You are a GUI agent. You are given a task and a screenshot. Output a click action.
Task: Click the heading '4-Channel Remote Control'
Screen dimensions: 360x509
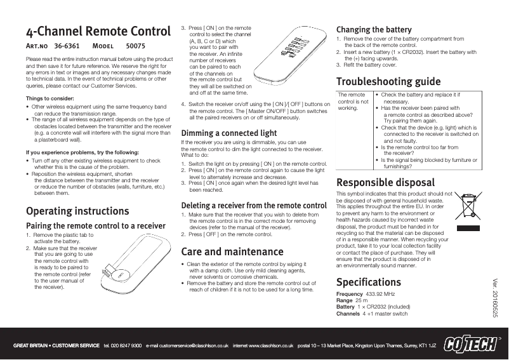[98, 32]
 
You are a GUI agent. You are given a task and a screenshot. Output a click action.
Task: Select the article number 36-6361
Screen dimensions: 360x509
[67, 46]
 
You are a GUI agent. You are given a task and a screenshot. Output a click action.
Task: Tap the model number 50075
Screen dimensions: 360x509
[136, 46]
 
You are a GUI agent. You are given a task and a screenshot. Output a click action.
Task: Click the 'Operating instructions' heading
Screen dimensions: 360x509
[76, 211]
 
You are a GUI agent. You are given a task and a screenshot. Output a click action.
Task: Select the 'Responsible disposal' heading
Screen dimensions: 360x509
[385, 184]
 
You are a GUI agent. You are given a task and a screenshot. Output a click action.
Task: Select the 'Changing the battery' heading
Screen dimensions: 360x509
[374, 30]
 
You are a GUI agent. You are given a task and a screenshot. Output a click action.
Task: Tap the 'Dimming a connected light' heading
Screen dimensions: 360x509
[229, 133]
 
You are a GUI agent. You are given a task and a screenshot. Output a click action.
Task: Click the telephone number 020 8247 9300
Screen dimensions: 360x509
[126, 345]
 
